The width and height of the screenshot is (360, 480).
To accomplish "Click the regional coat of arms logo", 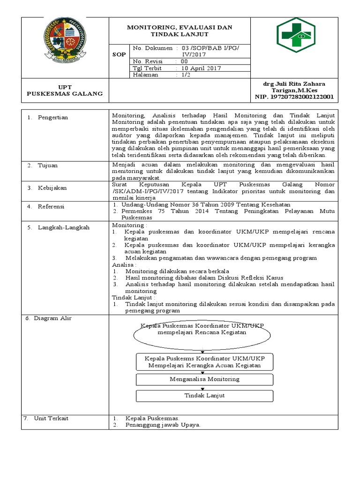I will click(66, 39).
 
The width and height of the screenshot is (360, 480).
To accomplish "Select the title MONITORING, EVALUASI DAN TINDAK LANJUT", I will click(180, 31).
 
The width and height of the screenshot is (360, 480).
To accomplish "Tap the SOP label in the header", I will click(119, 54).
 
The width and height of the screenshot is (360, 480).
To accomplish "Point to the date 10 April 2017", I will click(202, 68).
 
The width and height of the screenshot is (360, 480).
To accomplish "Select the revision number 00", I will click(184, 61).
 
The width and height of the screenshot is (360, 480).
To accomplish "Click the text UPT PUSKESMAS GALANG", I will click(65, 90).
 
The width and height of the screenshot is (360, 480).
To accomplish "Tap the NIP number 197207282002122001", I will click(294, 97).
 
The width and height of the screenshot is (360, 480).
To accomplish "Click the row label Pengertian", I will click(53, 118).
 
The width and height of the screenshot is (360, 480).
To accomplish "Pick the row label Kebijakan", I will click(52, 188).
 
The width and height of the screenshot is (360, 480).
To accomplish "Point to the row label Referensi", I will click(52, 207).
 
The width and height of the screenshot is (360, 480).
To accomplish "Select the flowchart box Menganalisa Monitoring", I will click(204, 379).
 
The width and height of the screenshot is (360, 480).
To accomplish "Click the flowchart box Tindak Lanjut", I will click(204, 396).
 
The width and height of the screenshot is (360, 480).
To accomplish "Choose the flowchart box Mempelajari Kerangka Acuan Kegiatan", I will click(204, 362).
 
